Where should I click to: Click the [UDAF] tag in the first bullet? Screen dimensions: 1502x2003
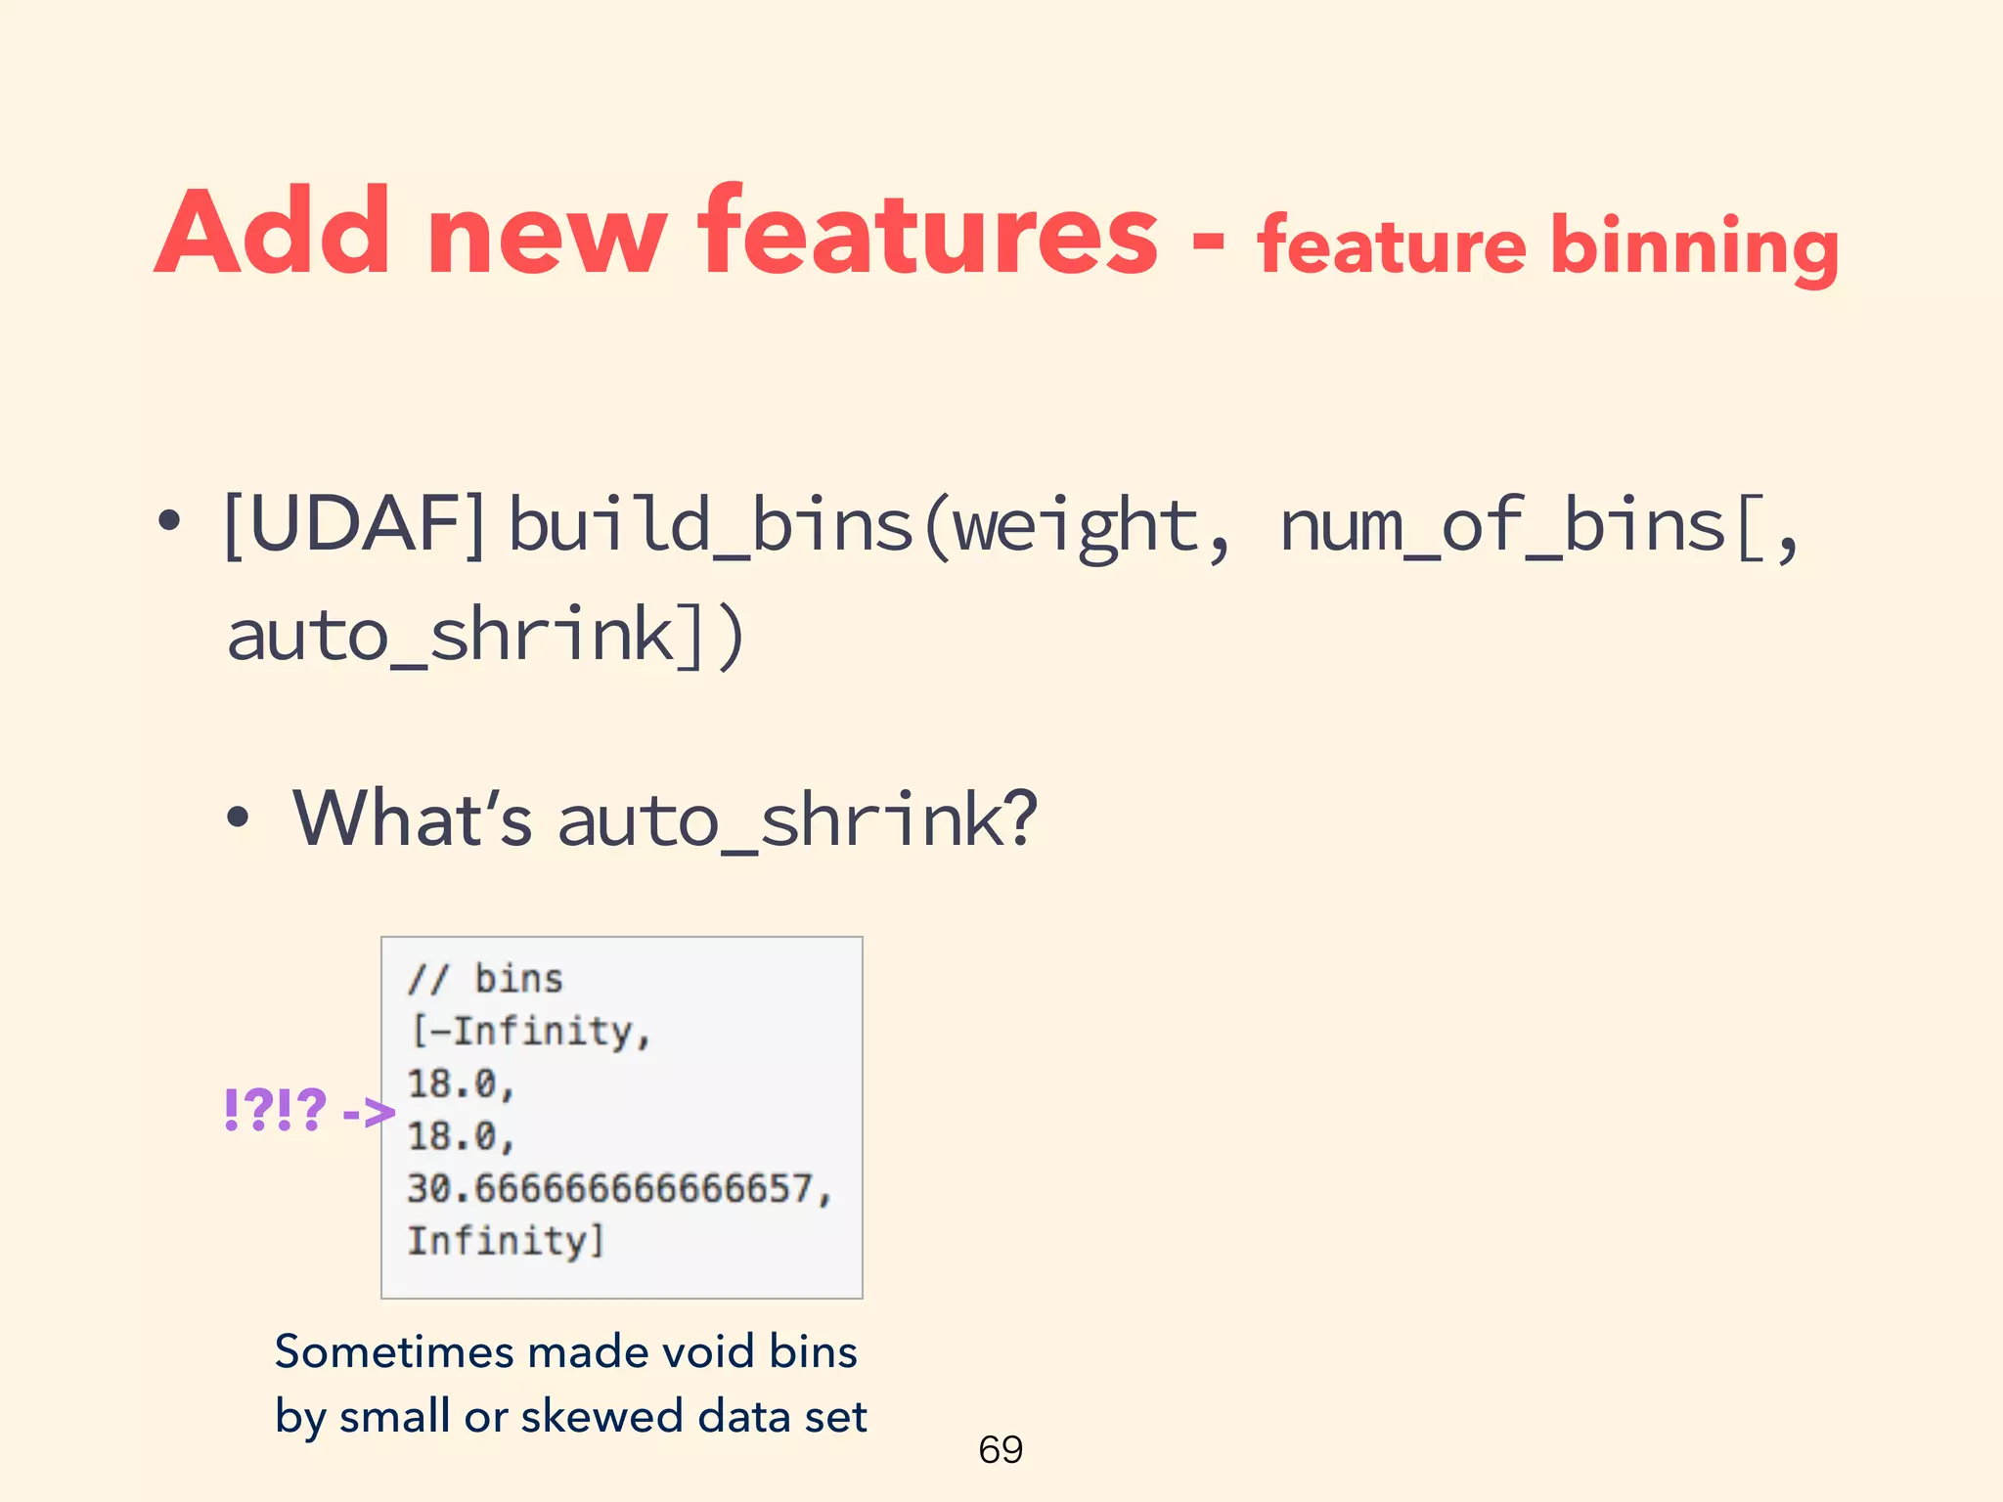(355, 525)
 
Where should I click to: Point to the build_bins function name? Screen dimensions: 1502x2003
(711, 526)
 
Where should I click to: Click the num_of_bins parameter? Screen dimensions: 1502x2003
(1501, 526)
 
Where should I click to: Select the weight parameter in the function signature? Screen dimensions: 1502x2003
(1076, 526)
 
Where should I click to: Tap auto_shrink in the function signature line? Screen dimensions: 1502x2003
(451, 636)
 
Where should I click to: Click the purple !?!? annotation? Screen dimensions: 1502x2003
(275, 1110)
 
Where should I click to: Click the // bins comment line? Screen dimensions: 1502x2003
(486, 979)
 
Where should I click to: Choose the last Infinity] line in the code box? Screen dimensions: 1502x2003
(505, 1241)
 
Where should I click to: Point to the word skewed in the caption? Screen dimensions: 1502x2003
(601, 1416)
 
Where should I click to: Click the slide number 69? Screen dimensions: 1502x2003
(1001, 1449)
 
